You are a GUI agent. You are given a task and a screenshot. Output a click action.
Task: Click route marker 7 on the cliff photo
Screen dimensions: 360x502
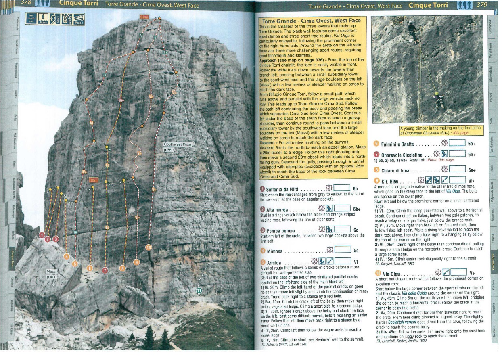point(105,270)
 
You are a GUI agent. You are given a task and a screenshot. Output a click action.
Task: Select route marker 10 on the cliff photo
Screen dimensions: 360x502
point(149,247)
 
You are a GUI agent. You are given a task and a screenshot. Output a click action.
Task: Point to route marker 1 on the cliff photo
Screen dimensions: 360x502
point(42,235)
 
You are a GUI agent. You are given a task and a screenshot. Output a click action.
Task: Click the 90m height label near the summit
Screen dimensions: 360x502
point(144,17)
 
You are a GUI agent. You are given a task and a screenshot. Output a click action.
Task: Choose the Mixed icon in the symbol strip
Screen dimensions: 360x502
point(77,19)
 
